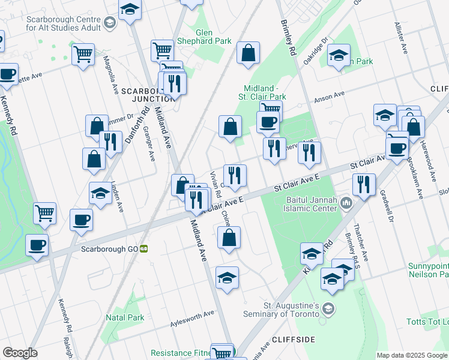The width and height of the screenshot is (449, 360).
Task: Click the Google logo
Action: pyautogui.click(x=20, y=353)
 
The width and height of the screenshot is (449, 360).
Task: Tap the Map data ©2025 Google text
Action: pyautogui.click(x=411, y=355)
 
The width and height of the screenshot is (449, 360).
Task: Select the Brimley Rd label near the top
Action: pyautogui.click(x=289, y=36)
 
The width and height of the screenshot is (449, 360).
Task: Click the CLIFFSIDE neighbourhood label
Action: pyautogui.click(x=293, y=340)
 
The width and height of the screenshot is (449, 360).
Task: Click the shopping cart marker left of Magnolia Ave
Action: pyautogui.click(x=83, y=55)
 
